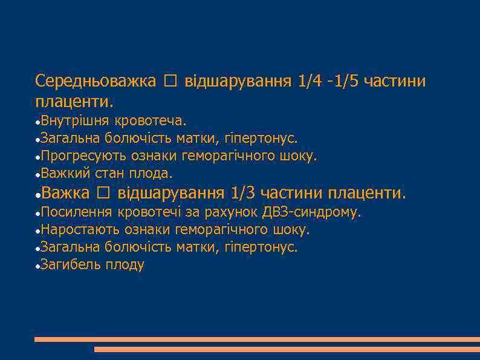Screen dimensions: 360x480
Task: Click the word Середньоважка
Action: pyautogui.click(x=96, y=81)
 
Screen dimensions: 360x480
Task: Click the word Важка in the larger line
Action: pyautogui.click(x=66, y=193)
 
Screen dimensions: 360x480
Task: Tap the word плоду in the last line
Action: pyautogui.click(x=125, y=265)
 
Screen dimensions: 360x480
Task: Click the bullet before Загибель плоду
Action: pyautogui.click(x=37, y=266)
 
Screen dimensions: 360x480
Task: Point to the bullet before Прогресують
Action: pyautogui.click(x=37, y=157)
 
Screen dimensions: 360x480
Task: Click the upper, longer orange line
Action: pyautogui.click(x=256, y=339)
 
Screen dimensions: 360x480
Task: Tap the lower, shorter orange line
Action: pyautogui.click(x=287, y=349)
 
